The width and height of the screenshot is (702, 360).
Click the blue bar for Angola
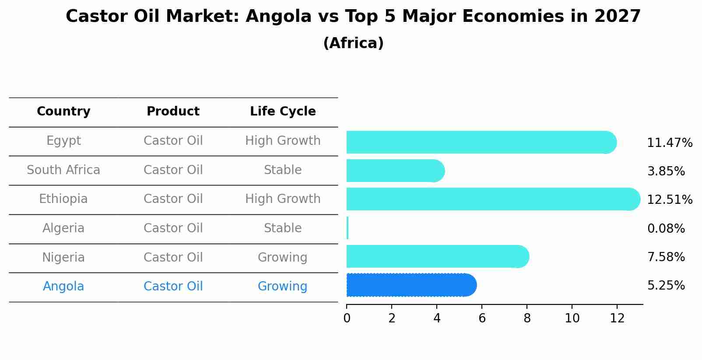tap(411, 285)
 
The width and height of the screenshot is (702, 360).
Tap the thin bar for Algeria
tap(347, 228)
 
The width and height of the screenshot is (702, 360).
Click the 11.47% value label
tap(669, 143)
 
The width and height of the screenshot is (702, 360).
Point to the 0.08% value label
tap(666, 228)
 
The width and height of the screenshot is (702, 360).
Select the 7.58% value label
tap(666, 257)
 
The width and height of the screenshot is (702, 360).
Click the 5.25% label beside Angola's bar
tap(666, 286)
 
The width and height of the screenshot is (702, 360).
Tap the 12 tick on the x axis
tap(617, 318)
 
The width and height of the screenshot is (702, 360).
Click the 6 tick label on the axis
tap(482, 318)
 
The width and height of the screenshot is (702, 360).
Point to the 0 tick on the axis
tap(347, 318)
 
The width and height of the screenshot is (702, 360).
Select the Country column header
tap(63, 112)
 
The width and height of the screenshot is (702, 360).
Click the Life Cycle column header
tap(283, 112)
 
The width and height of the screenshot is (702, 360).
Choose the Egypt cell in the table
tap(63, 141)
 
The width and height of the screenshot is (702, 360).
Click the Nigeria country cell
tap(63, 257)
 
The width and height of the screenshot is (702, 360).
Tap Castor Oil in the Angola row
tap(173, 287)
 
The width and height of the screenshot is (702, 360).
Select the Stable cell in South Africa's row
tap(283, 170)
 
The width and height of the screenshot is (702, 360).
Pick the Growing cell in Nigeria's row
tap(282, 257)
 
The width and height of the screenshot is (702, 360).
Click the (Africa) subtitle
tap(353, 43)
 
